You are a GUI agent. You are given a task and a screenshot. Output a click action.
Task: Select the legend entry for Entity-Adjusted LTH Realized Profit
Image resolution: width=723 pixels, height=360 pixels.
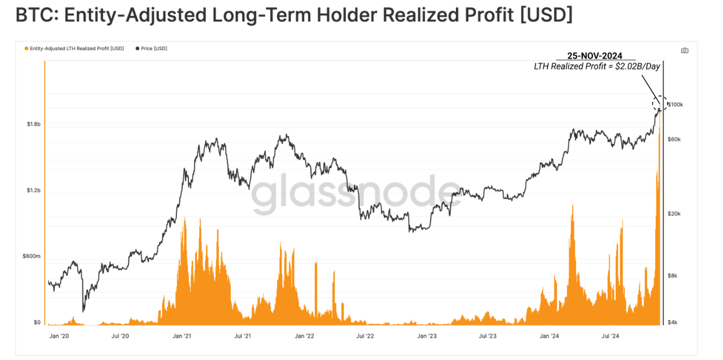(77, 49)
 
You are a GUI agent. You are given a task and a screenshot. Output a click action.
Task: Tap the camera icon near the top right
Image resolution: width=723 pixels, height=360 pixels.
(684, 51)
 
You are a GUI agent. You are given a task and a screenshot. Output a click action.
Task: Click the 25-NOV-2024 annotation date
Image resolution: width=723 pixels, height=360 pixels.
(595, 55)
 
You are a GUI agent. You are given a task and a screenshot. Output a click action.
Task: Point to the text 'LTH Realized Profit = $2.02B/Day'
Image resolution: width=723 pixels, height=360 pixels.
(597, 67)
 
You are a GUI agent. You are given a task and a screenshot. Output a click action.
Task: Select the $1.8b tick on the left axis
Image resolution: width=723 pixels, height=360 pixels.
(33, 124)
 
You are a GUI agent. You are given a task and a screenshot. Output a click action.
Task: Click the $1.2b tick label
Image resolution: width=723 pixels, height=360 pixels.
(33, 190)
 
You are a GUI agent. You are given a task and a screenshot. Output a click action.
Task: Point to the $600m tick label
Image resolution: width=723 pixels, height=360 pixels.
(31, 256)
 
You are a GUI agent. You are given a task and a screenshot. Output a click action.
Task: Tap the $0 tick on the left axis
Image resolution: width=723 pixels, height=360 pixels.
(37, 322)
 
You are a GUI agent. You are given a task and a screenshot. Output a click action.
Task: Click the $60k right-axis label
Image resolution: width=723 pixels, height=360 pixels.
(674, 139)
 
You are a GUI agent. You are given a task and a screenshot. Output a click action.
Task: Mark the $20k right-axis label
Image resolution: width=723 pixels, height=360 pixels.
(674, 214)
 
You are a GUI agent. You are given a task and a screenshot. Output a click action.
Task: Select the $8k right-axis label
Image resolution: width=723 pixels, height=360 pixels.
(673, 276)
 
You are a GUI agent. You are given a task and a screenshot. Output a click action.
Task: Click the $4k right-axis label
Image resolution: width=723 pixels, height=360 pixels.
(673, 322)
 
